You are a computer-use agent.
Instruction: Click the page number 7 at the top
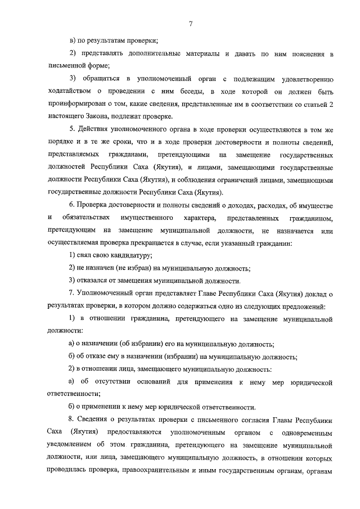pos(191,23)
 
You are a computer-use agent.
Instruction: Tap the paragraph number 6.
pos(70,205)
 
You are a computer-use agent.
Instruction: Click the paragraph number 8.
pos(70,420)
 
